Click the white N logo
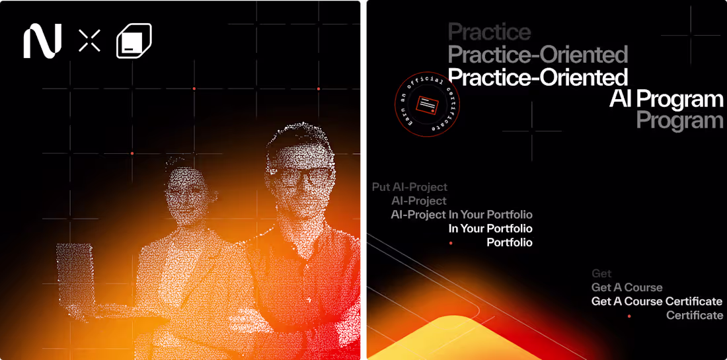[42, 40]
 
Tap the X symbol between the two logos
[89, 40]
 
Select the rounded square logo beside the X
[134, 41]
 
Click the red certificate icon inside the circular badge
[427, 104]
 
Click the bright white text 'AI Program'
[666, 99]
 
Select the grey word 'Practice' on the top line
[489, 32]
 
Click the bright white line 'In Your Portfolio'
[490, 229]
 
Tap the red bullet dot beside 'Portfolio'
[451, 243]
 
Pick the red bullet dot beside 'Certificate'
[629, 316]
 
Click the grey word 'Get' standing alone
[601, 273]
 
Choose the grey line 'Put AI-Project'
[410, 188]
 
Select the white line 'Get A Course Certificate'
[656, 301]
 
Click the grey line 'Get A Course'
[627, 287]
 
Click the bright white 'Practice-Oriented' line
[538, 77]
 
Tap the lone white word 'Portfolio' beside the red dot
[509, 243]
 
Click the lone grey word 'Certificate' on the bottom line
[694, 316]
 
